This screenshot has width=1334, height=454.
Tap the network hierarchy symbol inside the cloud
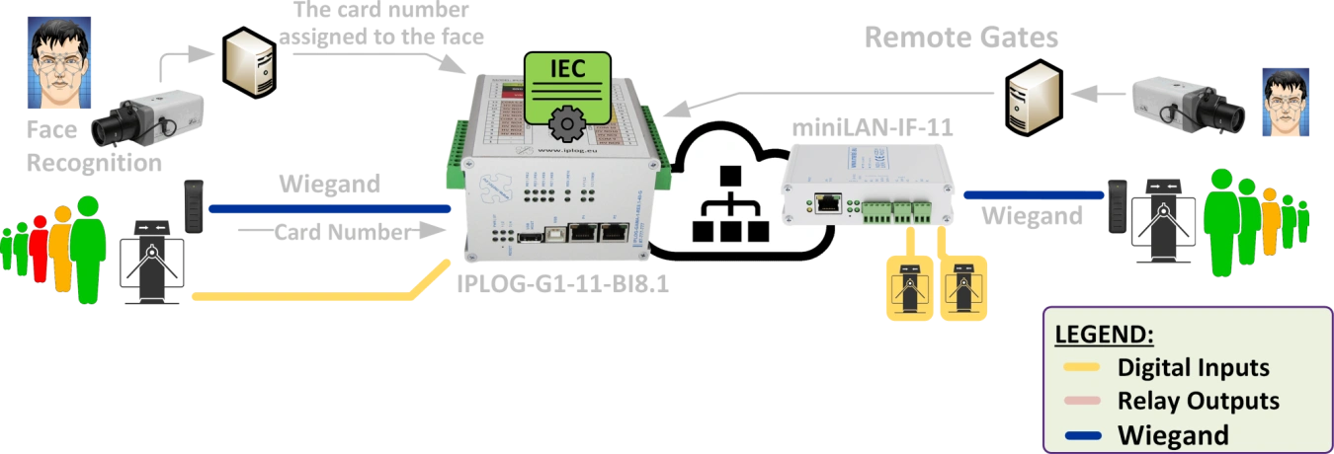(x=729, y=210)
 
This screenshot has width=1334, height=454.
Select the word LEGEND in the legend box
(x=1104, y=334)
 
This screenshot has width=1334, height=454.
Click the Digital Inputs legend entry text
(x=1193, y=368)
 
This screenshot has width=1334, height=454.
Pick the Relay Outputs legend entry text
(x=1198, y=401)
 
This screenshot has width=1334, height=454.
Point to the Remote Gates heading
(x=960, y=38)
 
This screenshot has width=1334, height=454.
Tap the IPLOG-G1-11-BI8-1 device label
(x=564, y=284)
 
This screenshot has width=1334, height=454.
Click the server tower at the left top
(x=245, y=61)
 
